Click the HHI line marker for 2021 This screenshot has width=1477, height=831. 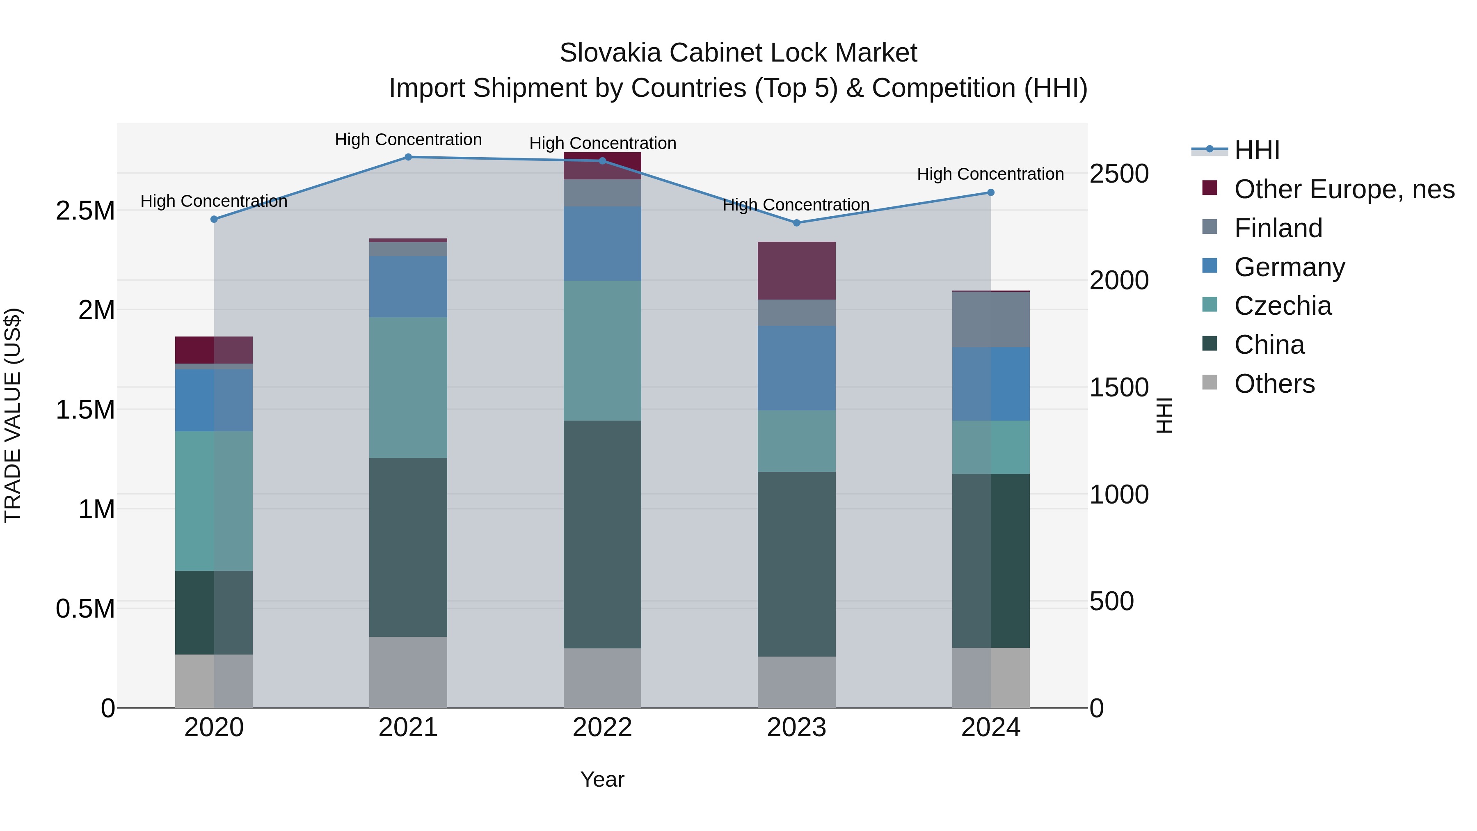pyautogui.click(x=408, y=157)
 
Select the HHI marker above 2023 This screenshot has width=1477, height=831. pyautogui.click(x=796, y=222)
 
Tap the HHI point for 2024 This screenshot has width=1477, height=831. pyautogui.click(x=990, y=193)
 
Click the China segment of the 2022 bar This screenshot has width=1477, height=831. pyautogui.click(x=602, y=534)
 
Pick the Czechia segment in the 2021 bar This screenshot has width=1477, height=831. pyautogui.click(x=408, y=388)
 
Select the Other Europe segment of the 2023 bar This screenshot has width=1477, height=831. pyautogui.click(x=796, y=271)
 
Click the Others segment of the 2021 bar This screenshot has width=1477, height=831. pyautogui.click(x=408, y=672)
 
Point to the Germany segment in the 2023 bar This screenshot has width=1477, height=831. pyautogui.click(x=796, y=368)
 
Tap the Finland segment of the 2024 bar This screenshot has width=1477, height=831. pyautogui.click(x=990, y=319)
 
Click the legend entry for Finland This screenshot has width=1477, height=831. pyautogui.click(x=1278, y=228)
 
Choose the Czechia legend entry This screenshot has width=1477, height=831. pyautogui.click(x=1283, y=306)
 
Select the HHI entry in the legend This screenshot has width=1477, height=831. pyautogui.click(x=1256, y=150)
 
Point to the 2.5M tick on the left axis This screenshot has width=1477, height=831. pyautogui.click(x=85, y=211)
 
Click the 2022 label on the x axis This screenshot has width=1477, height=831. pyautogui.click(x=602, y=728)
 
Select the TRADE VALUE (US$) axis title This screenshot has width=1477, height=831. pyautogui.click(x=13, y=415)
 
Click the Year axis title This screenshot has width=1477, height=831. pyautogui.click(x=602, y=779)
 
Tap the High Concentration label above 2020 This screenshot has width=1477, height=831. pyautogui.click(x=214, y=201)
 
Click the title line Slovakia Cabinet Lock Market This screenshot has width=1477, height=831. pyautogui.click(x=738, y=53)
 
